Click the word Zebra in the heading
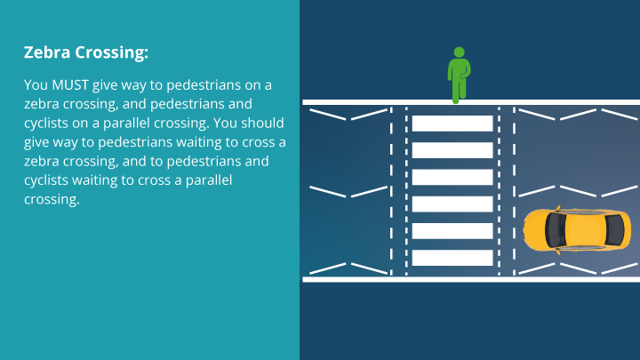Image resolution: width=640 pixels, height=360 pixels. pyautogui.click(x=47, y=52)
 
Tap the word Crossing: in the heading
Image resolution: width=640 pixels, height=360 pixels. pyautogui.click(x=111, y=53)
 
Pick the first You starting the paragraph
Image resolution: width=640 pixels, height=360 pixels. pyautogui.click(x=36, y=84)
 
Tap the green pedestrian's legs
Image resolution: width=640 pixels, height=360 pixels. pyautogui.click(x=458, y=89)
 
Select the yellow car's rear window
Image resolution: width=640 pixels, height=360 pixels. pyautogui.click(x=612, y=229)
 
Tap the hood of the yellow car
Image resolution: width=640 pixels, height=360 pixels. pyautogui.click(x=535, y=229)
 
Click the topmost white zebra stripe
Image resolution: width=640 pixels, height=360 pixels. pyautogui.click(x=452, y=124)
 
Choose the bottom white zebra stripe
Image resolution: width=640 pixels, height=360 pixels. pyautogui.click(x=452, y=258)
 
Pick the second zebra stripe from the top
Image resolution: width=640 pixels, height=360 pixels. pyautogui.click(x=452, y=150)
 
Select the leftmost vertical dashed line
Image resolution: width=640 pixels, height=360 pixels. pyautogui.click(x=390, y=191)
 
